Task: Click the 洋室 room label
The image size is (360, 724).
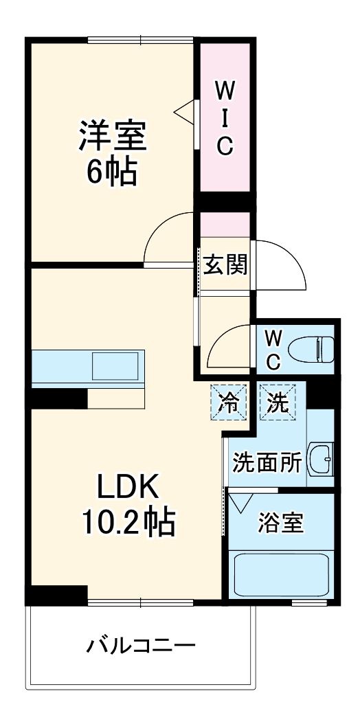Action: click(x=111, y=135)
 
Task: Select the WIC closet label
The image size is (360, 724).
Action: click(x=224, y=117)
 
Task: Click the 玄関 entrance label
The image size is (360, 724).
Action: click(x=225, y=265)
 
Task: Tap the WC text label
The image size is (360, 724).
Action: click(x=273, y=348)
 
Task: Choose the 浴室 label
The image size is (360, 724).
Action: click(x=280, y=524)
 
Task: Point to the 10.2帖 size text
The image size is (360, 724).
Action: click(x=128, y=524)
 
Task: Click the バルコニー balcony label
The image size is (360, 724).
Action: click(x=141, y=646)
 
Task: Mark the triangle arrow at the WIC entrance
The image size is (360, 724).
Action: click(x=185, y=113)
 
